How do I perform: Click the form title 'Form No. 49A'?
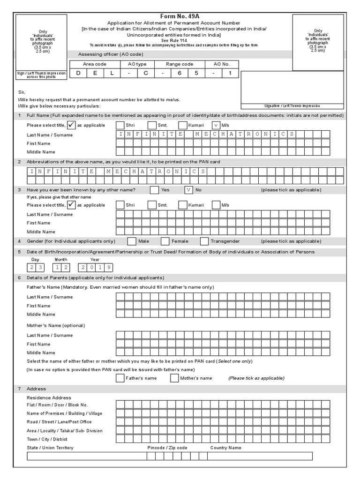click(180, 16)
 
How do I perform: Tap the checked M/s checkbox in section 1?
click(216, 125)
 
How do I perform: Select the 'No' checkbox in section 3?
click(188, 190)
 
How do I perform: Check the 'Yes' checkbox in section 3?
click(154, 190)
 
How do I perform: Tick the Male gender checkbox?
click(132, 241)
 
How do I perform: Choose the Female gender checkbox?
click(165, 241)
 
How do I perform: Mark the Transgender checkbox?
click(204, 241)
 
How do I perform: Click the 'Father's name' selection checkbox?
click(120, 378)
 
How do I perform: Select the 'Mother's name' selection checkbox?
click(174, 378)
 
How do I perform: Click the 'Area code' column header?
click(95, 64)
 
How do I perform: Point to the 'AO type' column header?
click(137, 64)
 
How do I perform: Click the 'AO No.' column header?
click(222, 64)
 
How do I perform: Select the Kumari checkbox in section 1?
click(183, 125)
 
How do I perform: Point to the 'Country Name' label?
click(225, 448)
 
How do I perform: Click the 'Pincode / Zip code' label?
click(167, 448)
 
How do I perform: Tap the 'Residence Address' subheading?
click(49, 397)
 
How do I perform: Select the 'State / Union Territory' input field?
click(87, 456)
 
